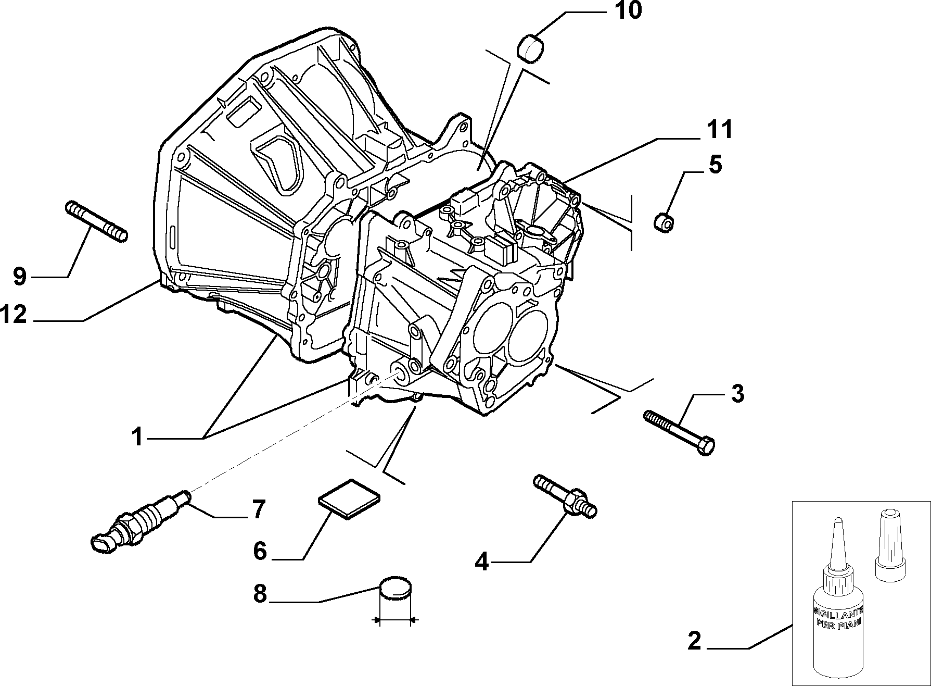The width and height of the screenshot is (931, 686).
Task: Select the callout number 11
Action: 718,129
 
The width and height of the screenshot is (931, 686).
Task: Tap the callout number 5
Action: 716,165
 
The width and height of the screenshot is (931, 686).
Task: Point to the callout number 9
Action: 19,277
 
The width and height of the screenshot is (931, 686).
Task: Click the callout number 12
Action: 14,315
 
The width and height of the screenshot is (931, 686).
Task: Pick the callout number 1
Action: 137,436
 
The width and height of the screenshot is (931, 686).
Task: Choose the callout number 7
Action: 259,509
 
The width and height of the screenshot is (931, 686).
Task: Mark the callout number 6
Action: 260,551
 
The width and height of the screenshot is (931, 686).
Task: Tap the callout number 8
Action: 260,593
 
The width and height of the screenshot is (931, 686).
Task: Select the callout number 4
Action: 482,563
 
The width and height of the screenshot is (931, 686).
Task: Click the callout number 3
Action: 737,394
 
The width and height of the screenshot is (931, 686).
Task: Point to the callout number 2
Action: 694,641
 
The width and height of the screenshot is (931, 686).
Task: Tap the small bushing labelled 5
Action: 663,223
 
